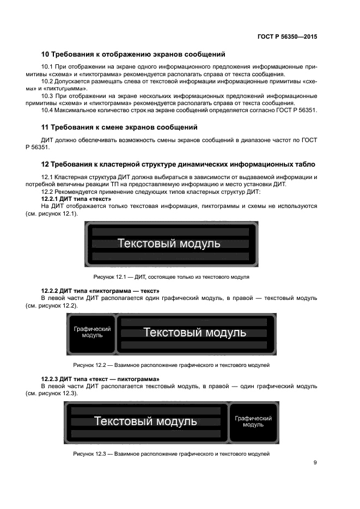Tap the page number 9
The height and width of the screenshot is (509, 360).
click(x=315, y=463)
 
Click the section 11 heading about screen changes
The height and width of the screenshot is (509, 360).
click(x=119, y=127)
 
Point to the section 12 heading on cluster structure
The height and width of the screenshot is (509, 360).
click(x=178, y=164)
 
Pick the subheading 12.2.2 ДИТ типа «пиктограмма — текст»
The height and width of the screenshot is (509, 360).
click(x=100, y=291)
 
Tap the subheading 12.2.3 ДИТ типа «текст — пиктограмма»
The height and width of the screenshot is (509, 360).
click(x=100, y=378)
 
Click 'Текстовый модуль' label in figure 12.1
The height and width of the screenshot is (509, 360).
click(x=169, y=243)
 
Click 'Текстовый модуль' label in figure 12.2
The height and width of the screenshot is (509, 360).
click(x=194, y=332)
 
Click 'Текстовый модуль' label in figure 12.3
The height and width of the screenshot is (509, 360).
click(x=145, y=421)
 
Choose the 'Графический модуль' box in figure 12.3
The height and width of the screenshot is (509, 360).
click(x=253, y=421)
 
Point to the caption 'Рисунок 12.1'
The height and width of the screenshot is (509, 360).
click(x=171, y=277)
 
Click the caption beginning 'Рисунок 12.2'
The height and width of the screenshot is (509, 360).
click(x=171, y=365)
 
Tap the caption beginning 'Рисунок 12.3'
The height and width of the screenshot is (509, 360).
click(x=171, y=453)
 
